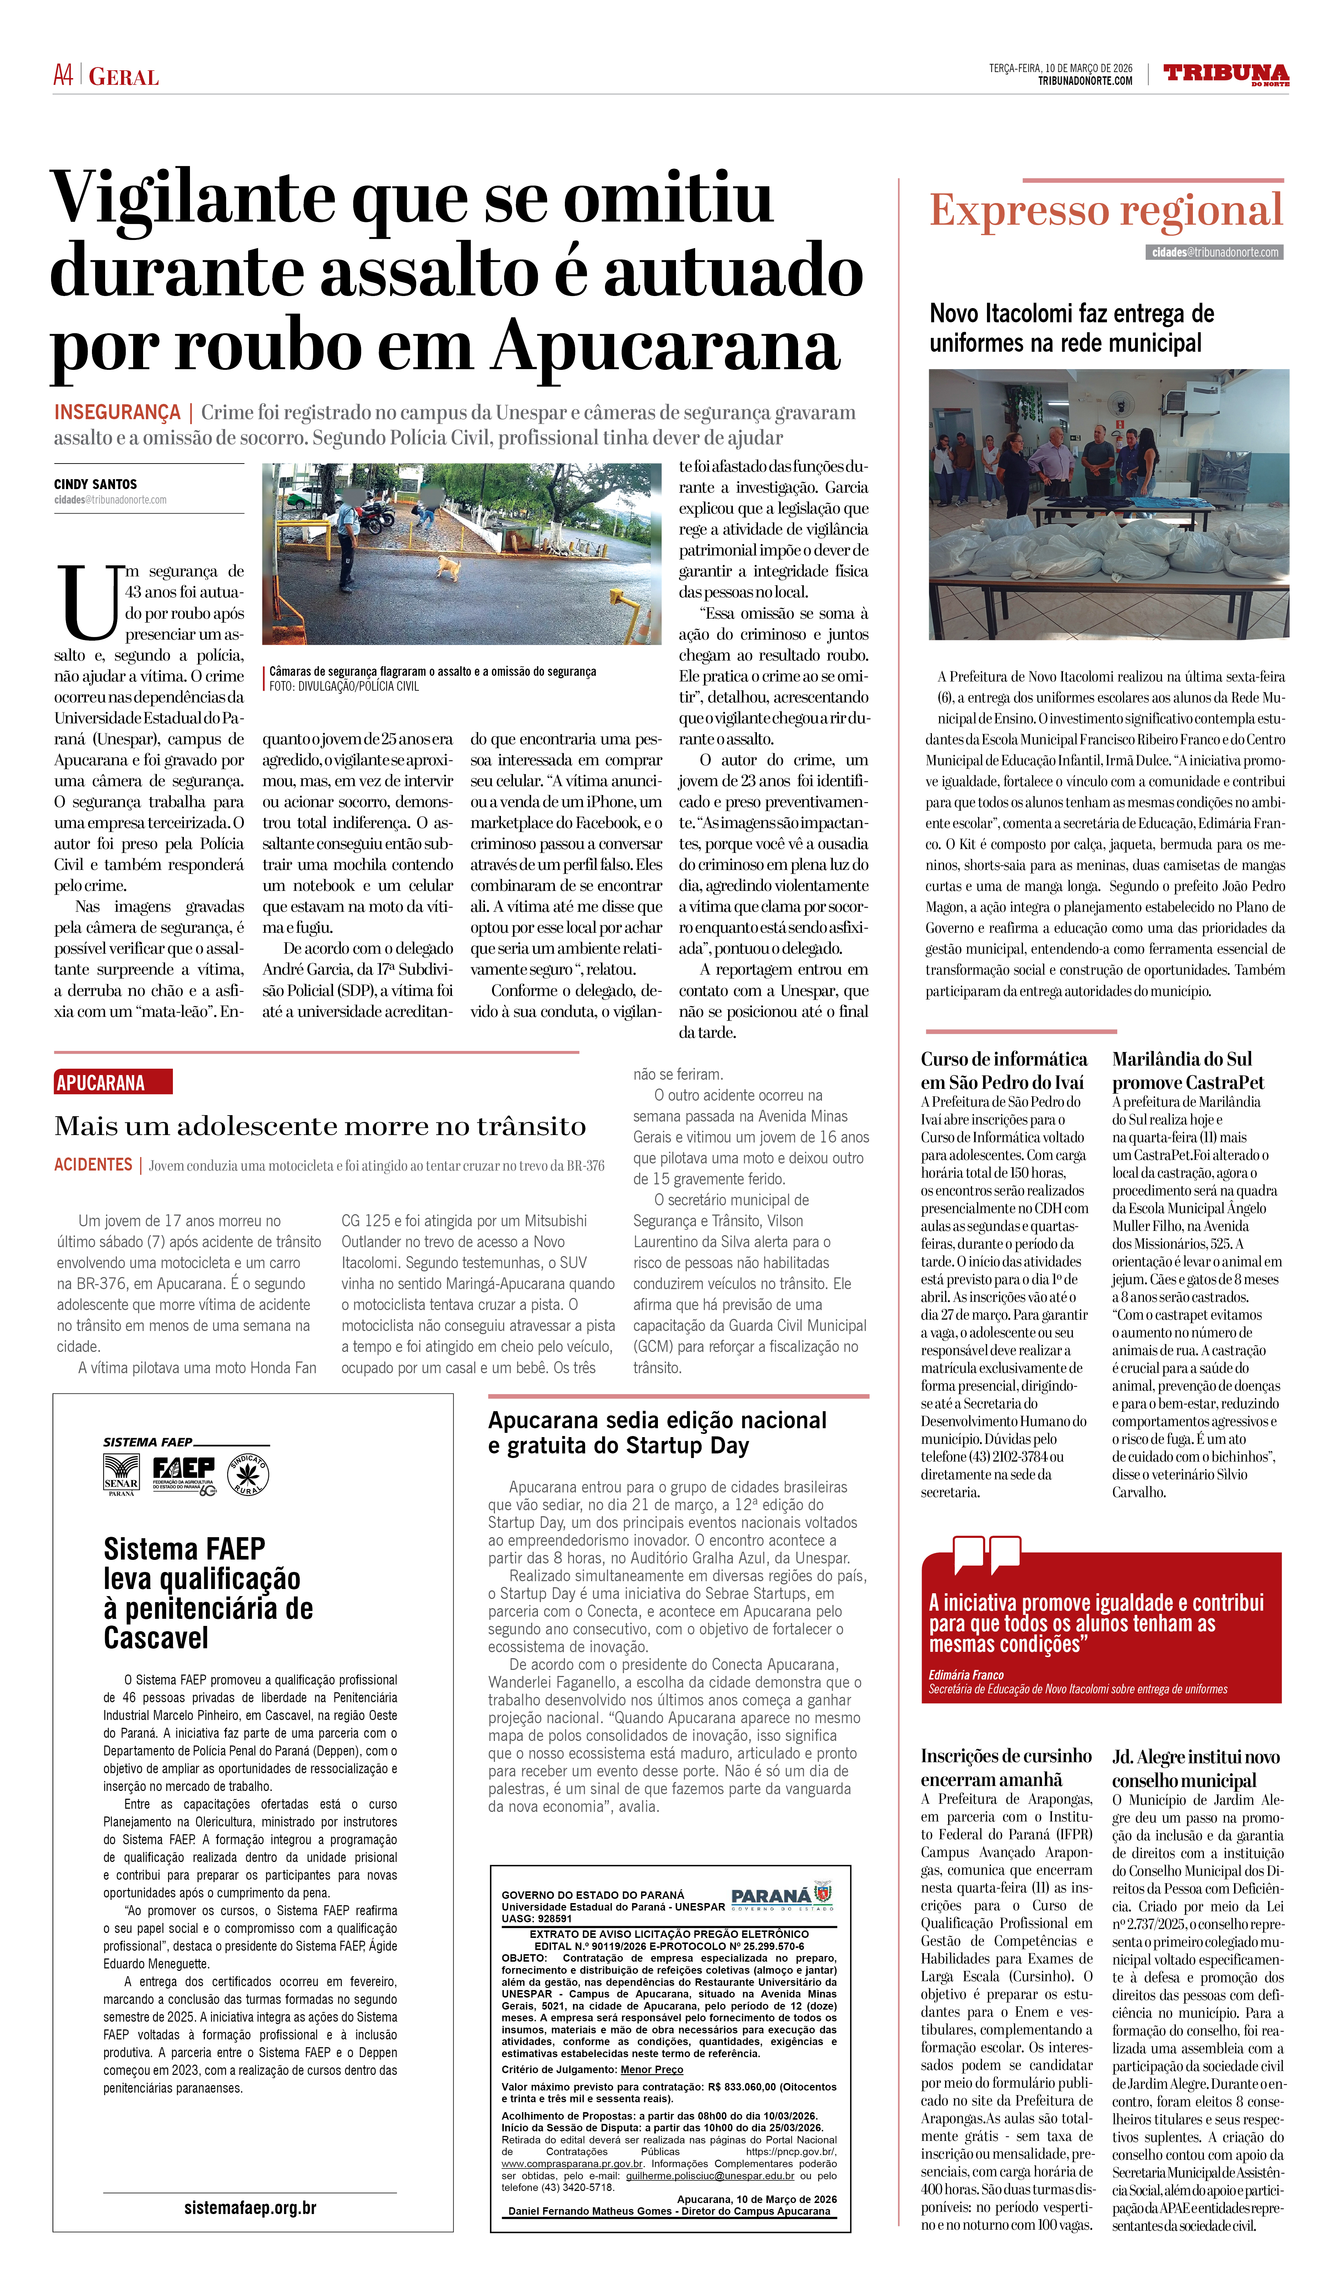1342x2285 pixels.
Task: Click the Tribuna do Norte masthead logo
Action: click(1225, 74)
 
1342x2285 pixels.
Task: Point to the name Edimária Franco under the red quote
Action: click(966, 1675)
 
